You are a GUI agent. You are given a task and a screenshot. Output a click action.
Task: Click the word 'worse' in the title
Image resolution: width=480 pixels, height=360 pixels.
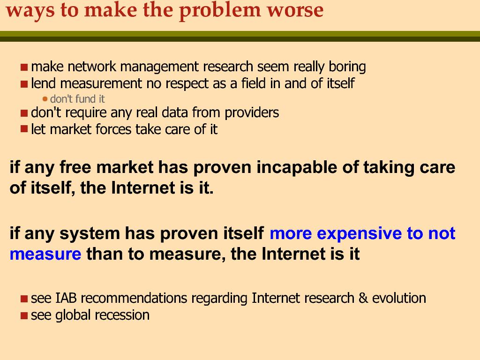coord(295,10)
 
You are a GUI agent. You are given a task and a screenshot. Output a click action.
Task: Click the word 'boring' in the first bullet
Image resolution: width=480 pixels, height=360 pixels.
coord(347,67)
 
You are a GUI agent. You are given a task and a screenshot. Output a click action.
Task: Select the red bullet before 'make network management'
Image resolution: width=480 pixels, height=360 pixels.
coord(24,67)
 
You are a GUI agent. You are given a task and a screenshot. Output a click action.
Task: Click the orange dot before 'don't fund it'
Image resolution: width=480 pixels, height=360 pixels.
coord(45,99)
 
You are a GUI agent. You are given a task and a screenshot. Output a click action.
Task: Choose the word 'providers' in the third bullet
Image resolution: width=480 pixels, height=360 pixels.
coord(252,113)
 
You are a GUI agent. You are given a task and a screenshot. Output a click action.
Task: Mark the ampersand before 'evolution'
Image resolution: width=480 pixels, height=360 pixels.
coord(363,298)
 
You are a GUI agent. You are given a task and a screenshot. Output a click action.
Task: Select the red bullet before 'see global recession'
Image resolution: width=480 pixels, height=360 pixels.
coord(24,315)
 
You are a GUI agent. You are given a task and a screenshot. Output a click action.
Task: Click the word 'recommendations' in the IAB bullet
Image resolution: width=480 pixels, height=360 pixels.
coord(134,298)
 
